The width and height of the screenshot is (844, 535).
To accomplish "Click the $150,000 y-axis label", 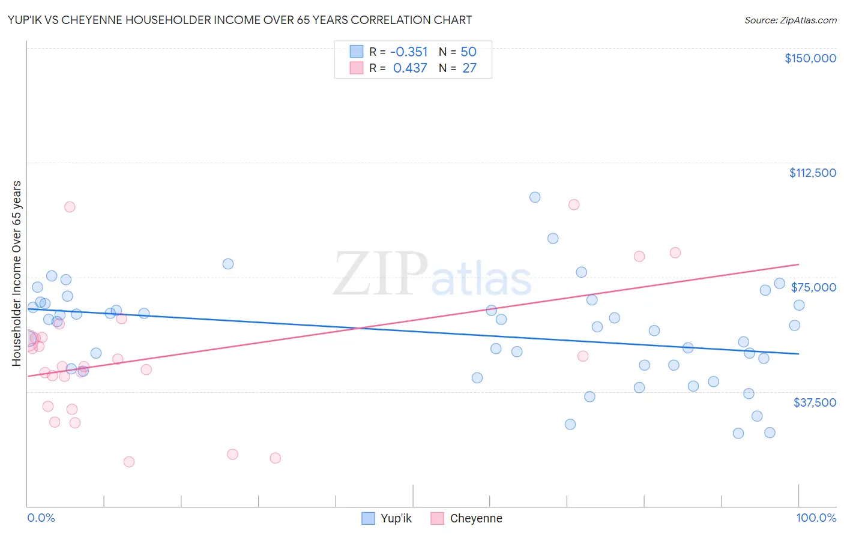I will coord(810,58).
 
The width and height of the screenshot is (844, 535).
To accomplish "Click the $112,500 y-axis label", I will coord(812,173).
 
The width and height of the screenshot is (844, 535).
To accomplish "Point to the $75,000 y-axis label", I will coord(813,287).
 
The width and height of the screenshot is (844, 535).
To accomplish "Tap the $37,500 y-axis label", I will coord(815,402).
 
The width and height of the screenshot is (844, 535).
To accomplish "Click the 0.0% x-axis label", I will coord(41,518).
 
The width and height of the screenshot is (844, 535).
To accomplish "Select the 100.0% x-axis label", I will coord(816,518).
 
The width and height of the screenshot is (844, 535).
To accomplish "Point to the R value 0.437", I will coord(410,68).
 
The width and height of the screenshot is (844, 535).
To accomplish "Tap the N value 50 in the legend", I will coord(468,52).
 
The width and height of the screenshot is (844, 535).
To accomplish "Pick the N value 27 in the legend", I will coord(469,68).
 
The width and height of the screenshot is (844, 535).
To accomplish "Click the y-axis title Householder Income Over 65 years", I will coord(16,273).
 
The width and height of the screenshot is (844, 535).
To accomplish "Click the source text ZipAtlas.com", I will coord(790,20).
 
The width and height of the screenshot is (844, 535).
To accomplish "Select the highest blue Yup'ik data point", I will coord(535,197).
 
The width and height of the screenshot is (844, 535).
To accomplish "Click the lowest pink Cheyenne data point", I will coord(128,462).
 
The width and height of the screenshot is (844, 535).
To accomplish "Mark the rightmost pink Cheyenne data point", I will coord(675,253).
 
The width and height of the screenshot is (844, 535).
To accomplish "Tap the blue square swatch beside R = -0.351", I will coord(357,52).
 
